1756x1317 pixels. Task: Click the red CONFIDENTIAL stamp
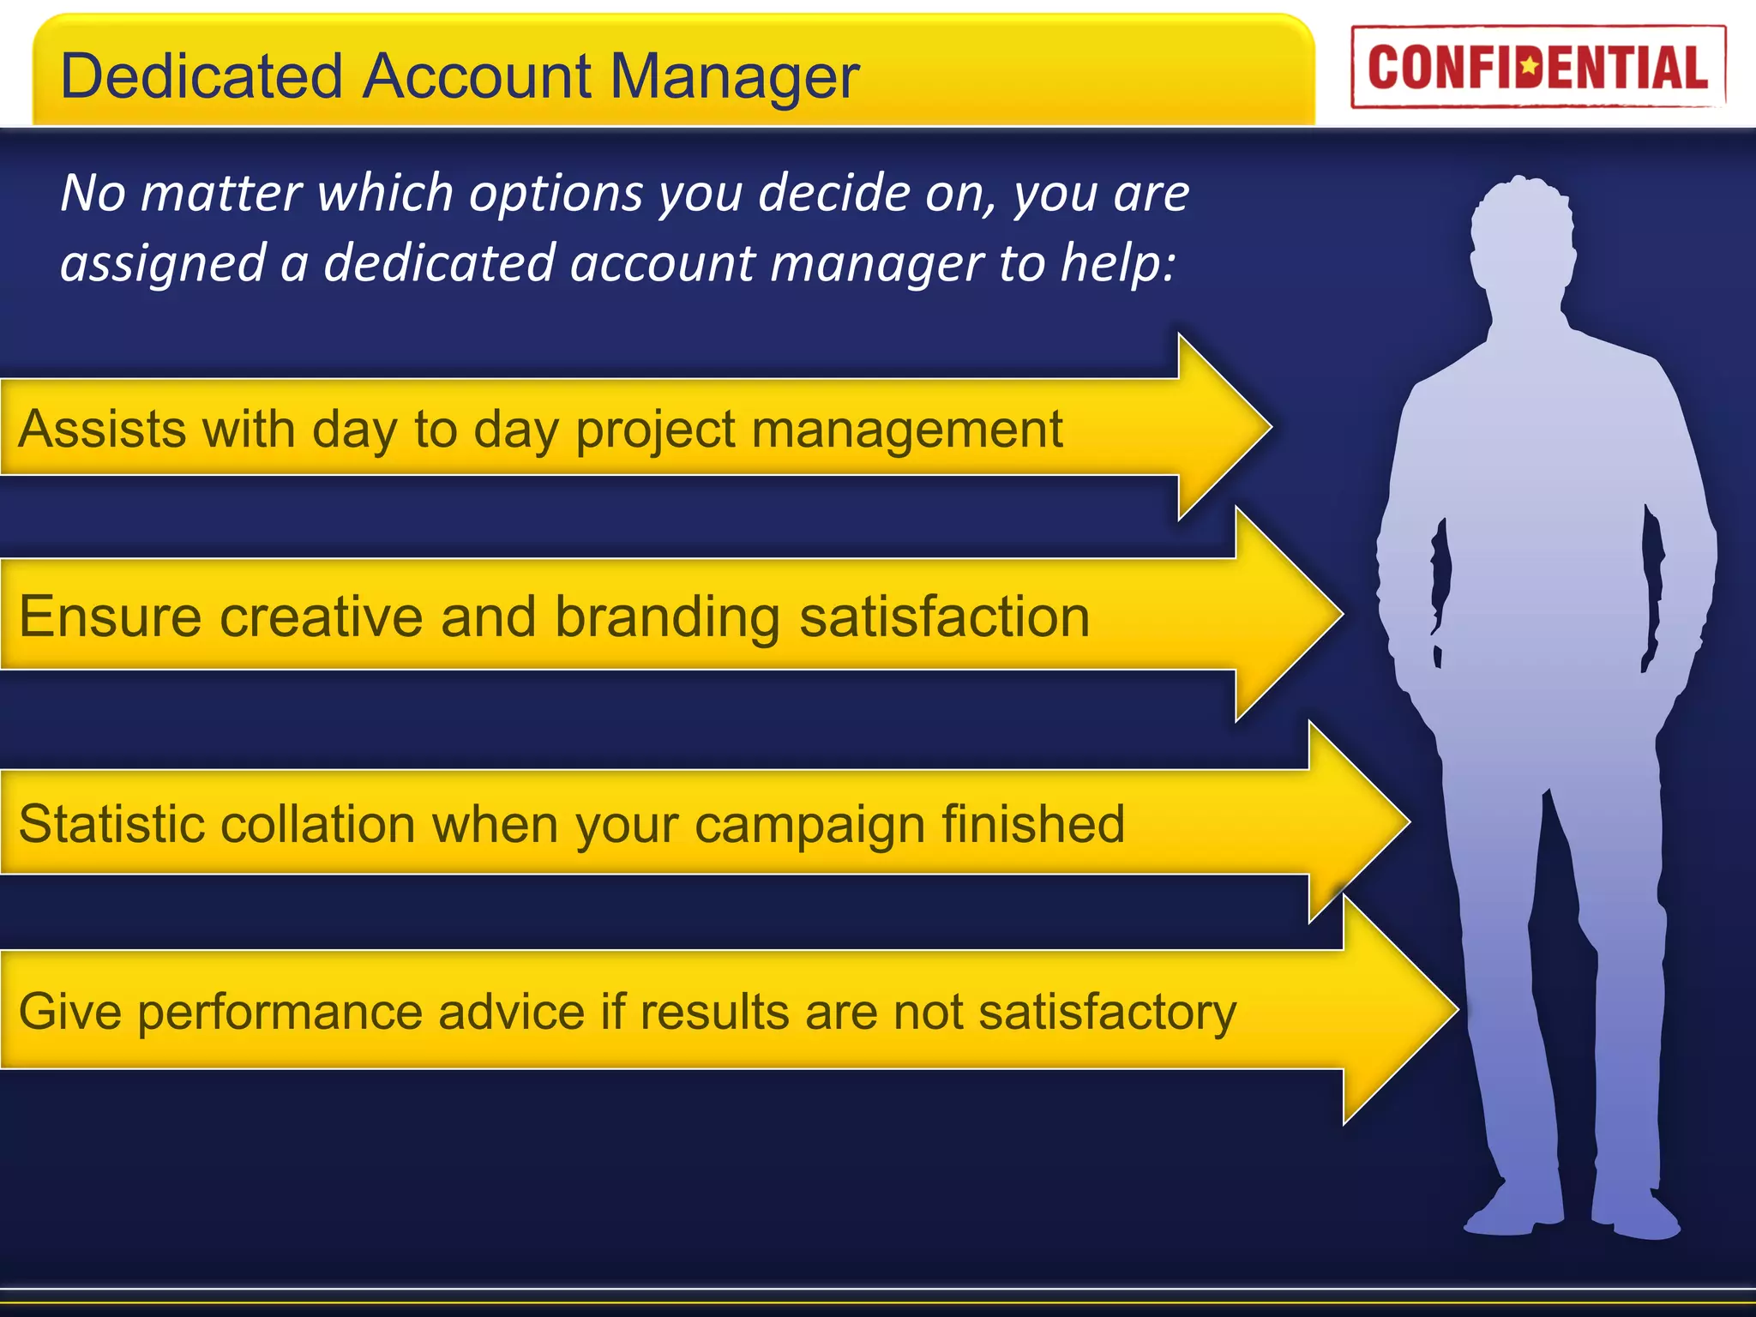click(1537, 67)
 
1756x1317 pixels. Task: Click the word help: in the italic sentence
click(1118, 263)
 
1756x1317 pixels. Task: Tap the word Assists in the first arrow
click(101, 429)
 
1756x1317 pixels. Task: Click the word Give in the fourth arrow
click(69, 1012)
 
